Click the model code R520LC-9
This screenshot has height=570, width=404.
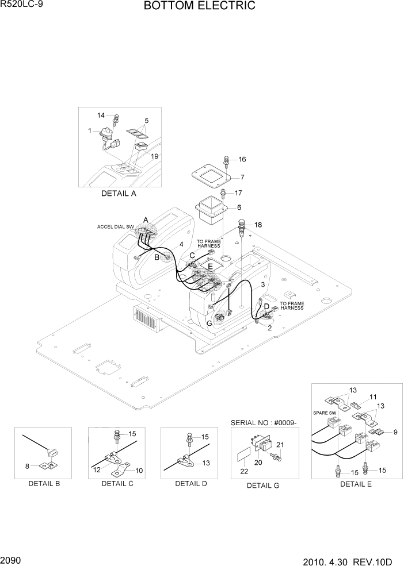tap(20, 5)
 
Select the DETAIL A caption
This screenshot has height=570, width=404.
tap(119, 194)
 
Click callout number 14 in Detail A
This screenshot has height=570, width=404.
tap(102, 115)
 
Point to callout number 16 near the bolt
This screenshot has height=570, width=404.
tap(242, 159)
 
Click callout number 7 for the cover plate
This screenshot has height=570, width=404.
tap(242, 178)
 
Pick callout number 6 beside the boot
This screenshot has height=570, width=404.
tap(239, 207)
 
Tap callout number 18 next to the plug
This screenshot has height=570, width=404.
tap(258, 225)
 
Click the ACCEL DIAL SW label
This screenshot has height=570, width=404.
tap(115, 227)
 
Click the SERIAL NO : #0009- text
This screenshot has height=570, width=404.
tap(264, 423)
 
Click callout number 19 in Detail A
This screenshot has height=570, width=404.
tap(154, 156)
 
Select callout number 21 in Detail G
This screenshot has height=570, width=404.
tap(281, 445)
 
